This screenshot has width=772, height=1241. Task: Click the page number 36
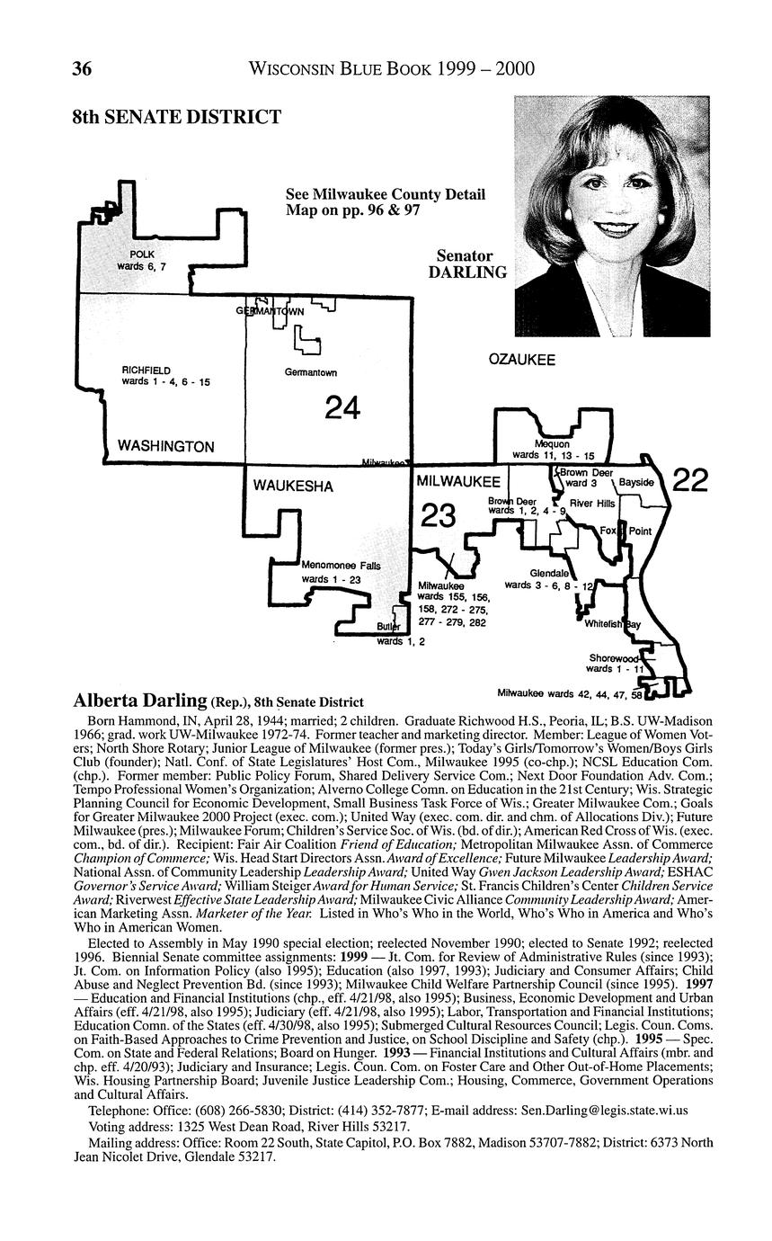pyautogui.click(x=82, y=68)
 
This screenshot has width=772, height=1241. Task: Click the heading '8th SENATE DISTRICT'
pyautogui.click(x=177, y=117)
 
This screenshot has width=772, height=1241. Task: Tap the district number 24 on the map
pyautogui.click(x=342, y=407)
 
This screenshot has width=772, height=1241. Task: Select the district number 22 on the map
pyautogui.click(x=690, y=480)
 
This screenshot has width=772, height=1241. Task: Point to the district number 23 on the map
pyautogui.click(x=438, y=516)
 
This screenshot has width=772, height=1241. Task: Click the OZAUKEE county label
pyautogui.click(x=521, y=360)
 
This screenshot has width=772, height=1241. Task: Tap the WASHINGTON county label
pyautogui.click(x=166, y=447)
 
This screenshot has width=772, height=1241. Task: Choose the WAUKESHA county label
pyautogui.click(x=293, y=487)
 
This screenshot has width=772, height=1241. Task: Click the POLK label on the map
pyautogui.click(x=142, y=254)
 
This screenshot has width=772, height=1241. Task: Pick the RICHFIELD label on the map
pyautogui.click(x=146, y=371)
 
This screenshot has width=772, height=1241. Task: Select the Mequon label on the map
pyautogui.click(x=552, y=444)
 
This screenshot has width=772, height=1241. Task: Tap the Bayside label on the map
pyautogui.click(x=636, y=483)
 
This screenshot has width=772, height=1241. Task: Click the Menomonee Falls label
pyautogui.click(x=342, y=566)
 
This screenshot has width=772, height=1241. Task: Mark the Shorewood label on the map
pyautogui.click(x=614, y=658)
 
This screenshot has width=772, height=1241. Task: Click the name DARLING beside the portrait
pyautogui.click(x=467, y=272)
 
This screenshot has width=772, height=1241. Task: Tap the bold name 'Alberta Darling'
pyautogui.click(x=140, y=701)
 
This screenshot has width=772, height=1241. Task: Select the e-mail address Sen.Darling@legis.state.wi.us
pyautogui.click(x=605, y=1122)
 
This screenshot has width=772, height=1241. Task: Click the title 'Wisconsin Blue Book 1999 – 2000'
pyautogui.click(x=392, y=68)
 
